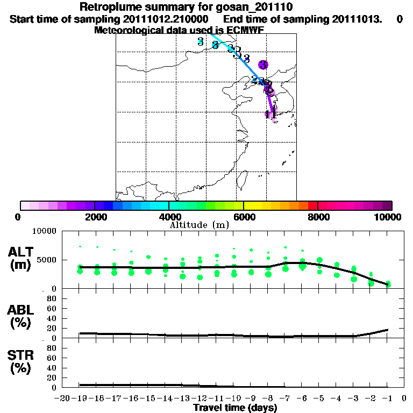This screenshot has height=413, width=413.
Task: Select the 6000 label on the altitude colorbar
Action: click(x=244, y=217)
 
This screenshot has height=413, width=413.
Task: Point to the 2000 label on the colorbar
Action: click(x=94, y=217)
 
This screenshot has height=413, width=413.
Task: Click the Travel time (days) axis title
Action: click(x=236, y=408)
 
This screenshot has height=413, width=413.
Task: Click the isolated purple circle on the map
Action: click(x=263, y=65)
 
